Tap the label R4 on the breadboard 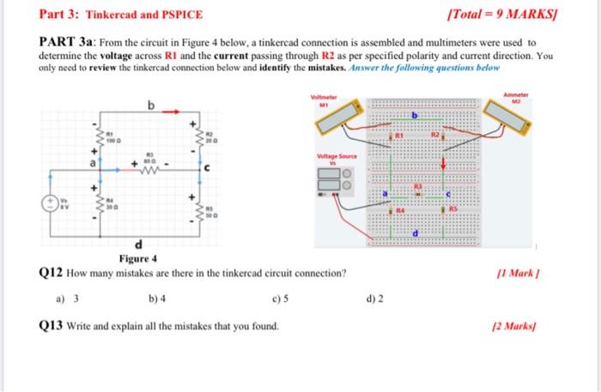pyautogui.click(x=400, y=210)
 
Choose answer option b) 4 pyautogui.click(x=157, y=299)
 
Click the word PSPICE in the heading pyautogui.click(x=182, y=15)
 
